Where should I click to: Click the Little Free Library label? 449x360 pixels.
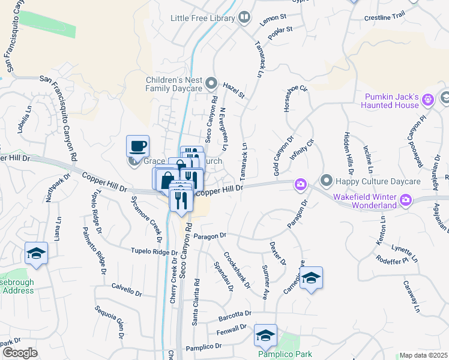coord(202,19)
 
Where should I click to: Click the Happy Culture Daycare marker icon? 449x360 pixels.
coord(327,179)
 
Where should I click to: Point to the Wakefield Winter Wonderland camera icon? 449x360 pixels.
coord(406,200)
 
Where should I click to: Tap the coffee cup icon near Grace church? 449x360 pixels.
coord(138,146)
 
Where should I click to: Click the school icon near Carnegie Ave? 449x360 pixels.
coord(311,278)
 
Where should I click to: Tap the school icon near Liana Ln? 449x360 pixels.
coord(36,253)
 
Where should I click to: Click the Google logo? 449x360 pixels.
coord(20,353)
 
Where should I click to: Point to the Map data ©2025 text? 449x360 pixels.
coord(424,355)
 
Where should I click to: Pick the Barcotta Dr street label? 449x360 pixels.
coord(235,314)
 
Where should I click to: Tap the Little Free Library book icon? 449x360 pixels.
coord(244,17)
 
